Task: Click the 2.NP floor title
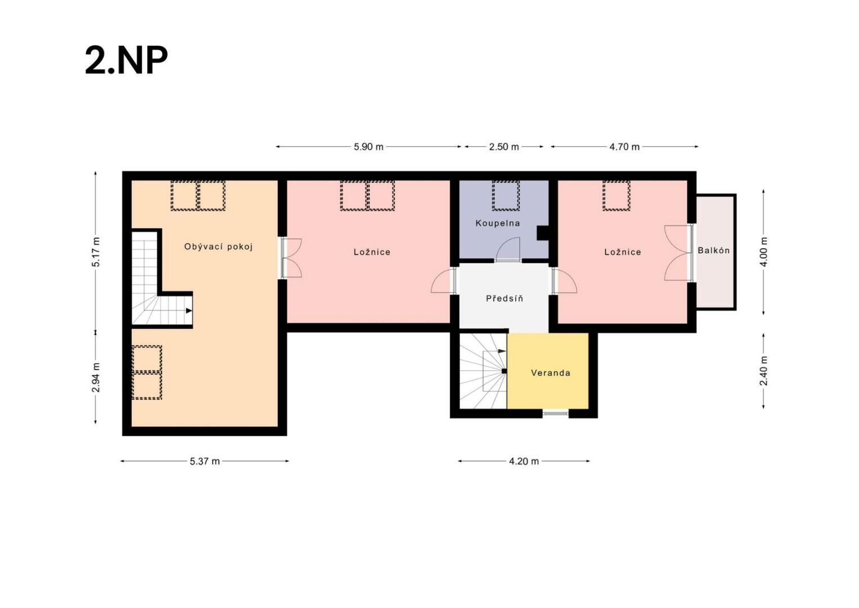[x=126, y=60]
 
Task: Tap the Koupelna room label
[x=498, y=223]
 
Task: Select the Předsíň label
[x=504, y=298]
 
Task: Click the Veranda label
[x=551, y=373]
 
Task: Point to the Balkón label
[x=714, y=251]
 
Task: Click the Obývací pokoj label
[x=219, y=247]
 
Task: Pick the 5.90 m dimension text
[x=368, y=146]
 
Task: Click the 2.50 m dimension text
[x=504, y=146]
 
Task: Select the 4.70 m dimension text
[x=624, y=146]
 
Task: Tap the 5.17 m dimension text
[x=96, y=252]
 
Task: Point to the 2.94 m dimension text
[x=96, y=377]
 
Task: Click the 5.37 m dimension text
[x=205, y=461]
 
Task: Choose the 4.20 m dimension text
[x=524, y=461]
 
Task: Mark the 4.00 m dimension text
[x=764, y=252]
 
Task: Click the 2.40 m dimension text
[x=764, y=371]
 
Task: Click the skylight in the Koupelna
[x=506, y=196]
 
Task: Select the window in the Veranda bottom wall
[x=556, y=413]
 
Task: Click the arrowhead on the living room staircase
[x=188, y=311]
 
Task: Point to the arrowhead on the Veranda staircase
[x=502, y=351]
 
